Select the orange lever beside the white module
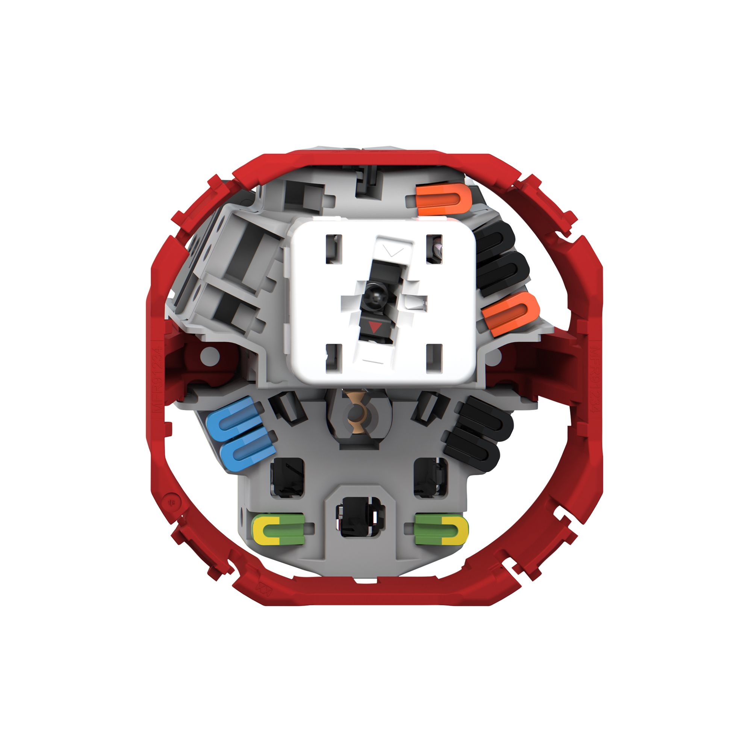(x=511, y=313)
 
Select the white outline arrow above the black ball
(x=393, y=251)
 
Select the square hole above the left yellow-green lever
(x=287, y=478)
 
